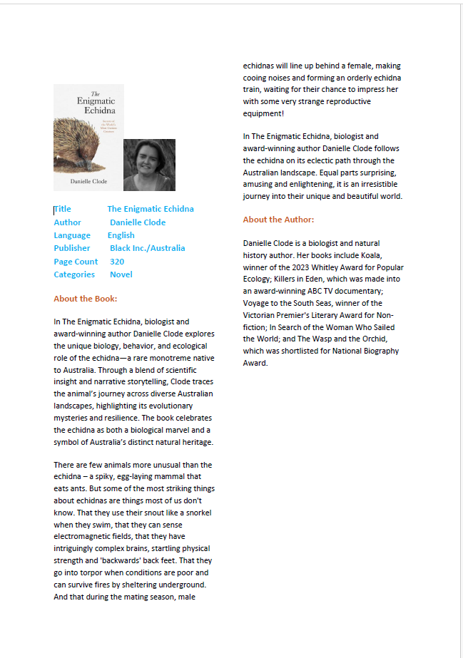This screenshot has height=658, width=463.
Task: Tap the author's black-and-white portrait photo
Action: pos(149,165)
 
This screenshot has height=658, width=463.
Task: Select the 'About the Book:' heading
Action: pos(86,299)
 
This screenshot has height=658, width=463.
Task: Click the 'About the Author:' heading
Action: pos(278,220)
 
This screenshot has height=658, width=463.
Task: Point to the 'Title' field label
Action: pos(63,209)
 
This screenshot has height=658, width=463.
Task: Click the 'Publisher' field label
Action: pos(72,248)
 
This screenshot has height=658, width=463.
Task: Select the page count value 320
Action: pos(117,262)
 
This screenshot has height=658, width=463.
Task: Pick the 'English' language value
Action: pos(121,235)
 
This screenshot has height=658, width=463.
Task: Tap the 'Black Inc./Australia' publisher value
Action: pos(147,248)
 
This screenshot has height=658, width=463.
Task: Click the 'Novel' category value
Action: pos(121,274)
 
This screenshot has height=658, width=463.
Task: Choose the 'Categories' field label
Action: pos(74,274)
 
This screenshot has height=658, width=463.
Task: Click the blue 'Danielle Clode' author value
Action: pos(138,222)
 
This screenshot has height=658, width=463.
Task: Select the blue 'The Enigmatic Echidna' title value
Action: pos(151,209)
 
